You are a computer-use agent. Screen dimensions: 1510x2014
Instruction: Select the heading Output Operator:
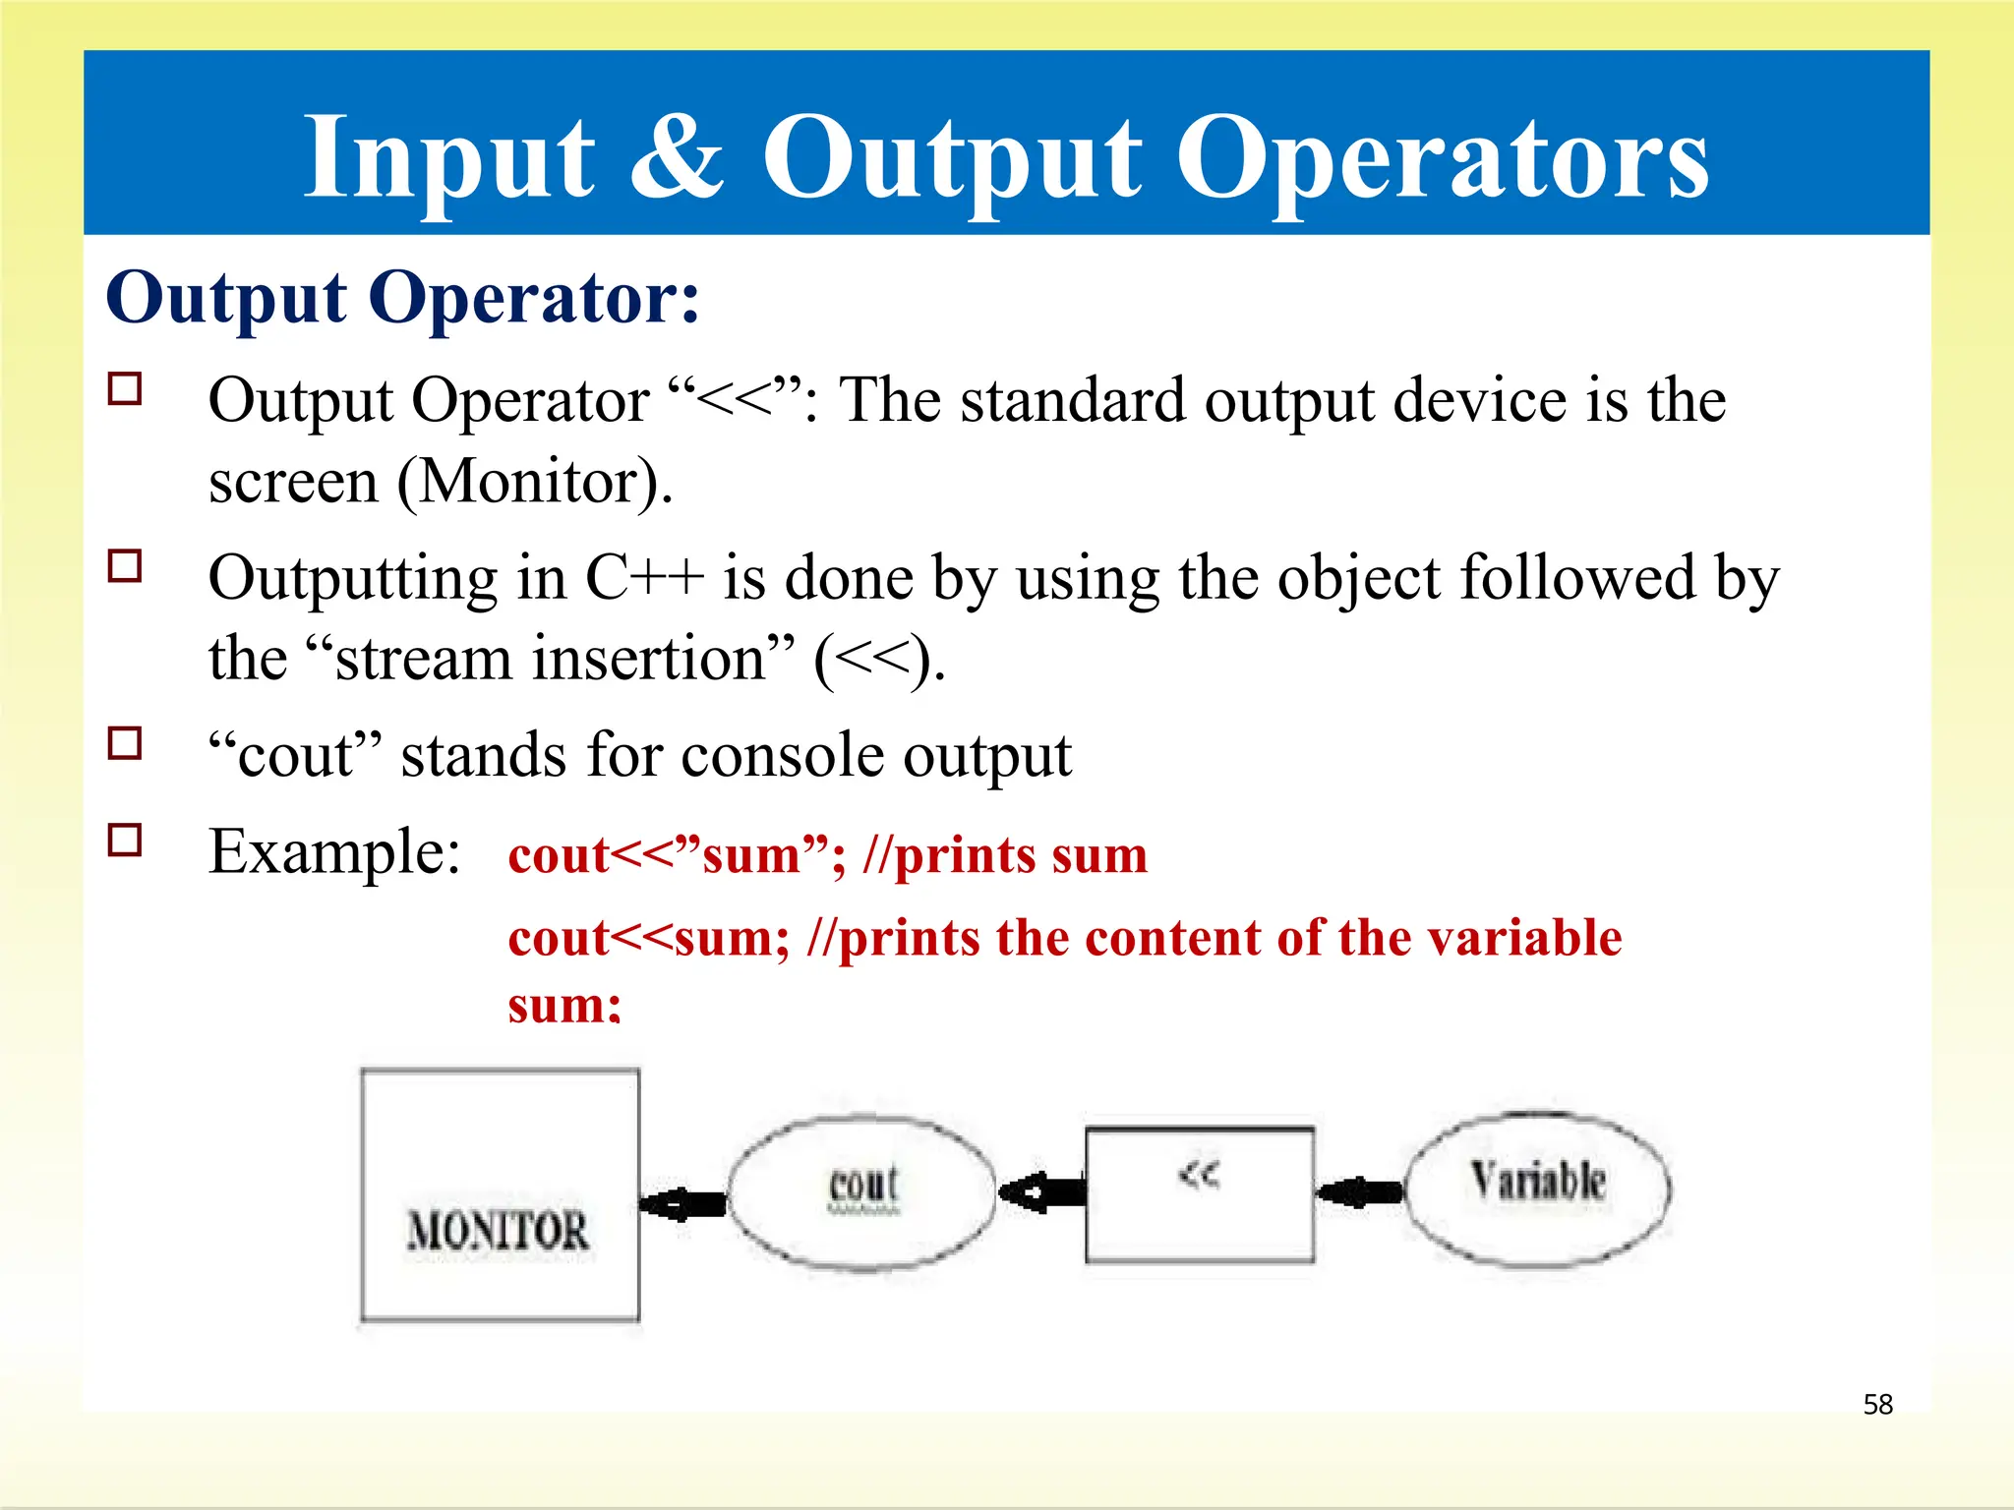403,297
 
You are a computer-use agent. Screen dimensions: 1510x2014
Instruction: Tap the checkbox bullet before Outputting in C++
125,566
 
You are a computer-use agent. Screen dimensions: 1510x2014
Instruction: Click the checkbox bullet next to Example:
125,841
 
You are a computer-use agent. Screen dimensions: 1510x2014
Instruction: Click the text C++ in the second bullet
644,578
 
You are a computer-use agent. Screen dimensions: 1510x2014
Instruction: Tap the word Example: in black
334,851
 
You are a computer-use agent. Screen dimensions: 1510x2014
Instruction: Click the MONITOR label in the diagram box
498,1231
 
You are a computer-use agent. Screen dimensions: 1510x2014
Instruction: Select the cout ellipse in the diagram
862,1191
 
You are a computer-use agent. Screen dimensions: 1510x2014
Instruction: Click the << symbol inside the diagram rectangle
1199,1175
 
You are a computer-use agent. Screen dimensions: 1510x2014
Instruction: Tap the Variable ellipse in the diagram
1537,1189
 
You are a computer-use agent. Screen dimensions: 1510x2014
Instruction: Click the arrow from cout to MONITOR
683,1202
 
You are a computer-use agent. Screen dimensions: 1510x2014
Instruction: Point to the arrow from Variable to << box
1359,1192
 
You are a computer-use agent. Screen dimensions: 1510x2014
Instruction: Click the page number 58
1877,1404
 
